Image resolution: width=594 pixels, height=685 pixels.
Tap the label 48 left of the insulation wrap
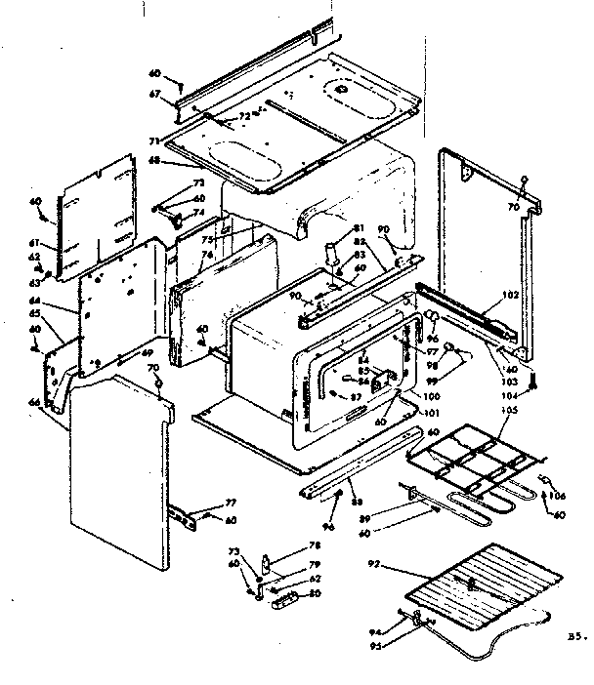click(x=154, y=162)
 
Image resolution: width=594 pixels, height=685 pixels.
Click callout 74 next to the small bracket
click(x=199, y=213)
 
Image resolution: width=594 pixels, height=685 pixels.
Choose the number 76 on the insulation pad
click(x=207, y=257)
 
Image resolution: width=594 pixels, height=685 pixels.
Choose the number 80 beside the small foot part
click(x=315, y=592)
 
